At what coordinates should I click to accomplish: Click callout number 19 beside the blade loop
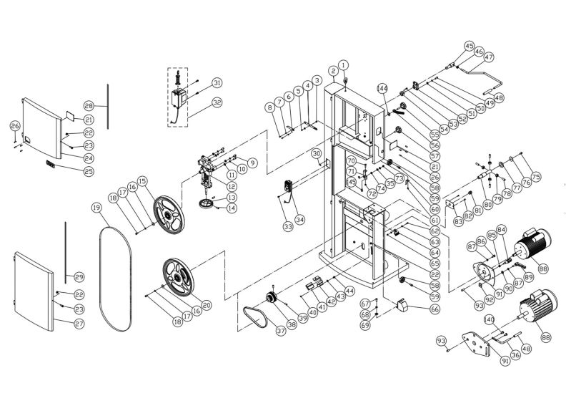pyautogui.click(x=95, y=208)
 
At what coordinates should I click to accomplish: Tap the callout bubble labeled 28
pyautogui.click(x=89, y=105)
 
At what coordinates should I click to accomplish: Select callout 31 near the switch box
pyautogui.click(x=217, y=84)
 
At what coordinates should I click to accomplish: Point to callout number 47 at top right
pyautogui.click(x=489, y=57)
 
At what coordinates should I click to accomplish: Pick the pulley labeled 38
pyautogui.click(x=272, y=299)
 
